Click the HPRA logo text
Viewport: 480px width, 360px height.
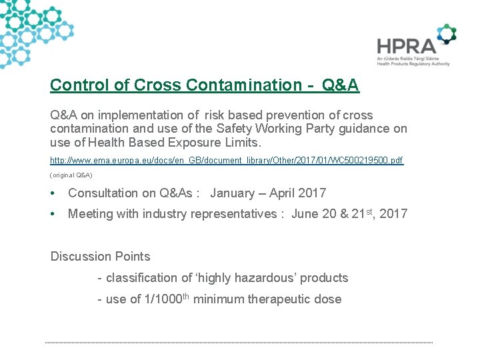(x=405, y=46)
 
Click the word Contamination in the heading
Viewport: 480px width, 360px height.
(x=244, y=85)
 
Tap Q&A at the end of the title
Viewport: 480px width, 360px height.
(x=340, y=85)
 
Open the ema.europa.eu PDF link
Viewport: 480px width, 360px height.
(x=227, y=161)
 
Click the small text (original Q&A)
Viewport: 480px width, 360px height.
(x=71, y=175)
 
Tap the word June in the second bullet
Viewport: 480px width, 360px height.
(x=305, y=214)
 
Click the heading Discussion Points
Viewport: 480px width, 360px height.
(x=101, y=257)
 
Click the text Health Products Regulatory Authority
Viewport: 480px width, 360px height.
(x=413, y=64)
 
